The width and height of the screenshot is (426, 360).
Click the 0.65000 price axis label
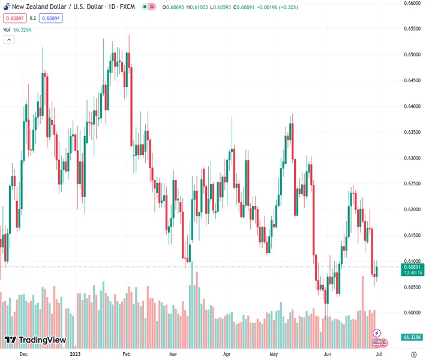pos(412,55)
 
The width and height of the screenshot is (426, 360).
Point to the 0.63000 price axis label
pos(412,158)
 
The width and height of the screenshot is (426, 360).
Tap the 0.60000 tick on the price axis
pos(412,313)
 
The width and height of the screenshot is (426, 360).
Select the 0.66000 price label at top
pos(412,3)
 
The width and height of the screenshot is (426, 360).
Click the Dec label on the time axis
pos(23,354)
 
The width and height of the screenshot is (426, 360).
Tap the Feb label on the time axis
pos(127,354)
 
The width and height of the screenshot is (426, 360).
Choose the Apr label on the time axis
pos(227,354)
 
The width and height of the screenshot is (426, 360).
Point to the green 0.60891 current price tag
pos(413,266)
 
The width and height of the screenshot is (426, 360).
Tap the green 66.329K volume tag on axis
pos(412,337)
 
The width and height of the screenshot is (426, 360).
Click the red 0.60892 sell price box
pos(13,18)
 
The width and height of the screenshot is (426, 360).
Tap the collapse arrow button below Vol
pos(9,40)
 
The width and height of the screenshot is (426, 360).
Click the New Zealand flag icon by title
pos(6,7)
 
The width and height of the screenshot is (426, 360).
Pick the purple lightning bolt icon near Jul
pos(377,332)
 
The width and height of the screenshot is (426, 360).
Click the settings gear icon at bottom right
pos(413,354)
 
